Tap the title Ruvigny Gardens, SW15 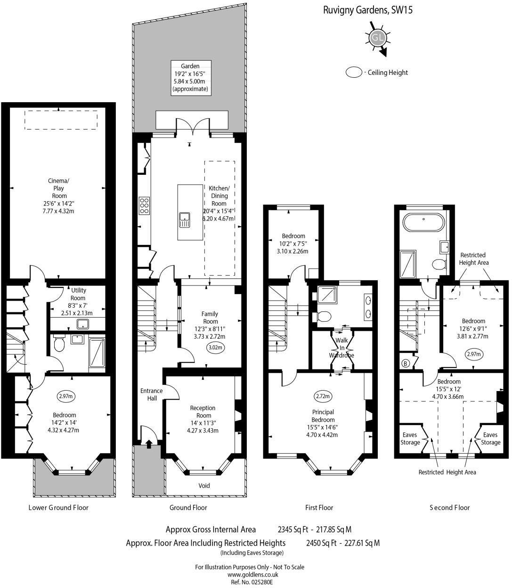click(367, 10)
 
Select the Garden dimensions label click(190, 77)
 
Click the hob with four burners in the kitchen click(144, 206)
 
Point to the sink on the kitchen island click(185, 220)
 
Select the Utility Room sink click(83, 324)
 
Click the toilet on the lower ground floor click(59, 344)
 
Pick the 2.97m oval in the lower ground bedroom click(66, 396)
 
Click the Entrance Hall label click(151, 394)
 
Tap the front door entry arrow click(149, 444)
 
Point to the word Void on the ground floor click(204, 485)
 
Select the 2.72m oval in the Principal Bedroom click(323, 396)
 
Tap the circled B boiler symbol click(405, 363)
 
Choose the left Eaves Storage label click(410, 439)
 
